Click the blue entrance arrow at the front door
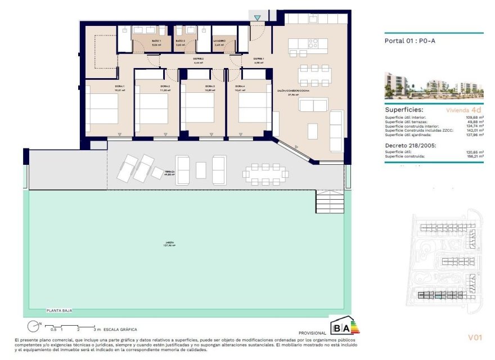coord(257,19)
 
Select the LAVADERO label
coord(219,41)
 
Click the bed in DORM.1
coord(102,109)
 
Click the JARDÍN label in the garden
coord(169,243)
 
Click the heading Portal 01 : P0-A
coord(410,40)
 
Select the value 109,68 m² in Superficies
coord(470,117)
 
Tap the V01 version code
coord(475,337)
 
